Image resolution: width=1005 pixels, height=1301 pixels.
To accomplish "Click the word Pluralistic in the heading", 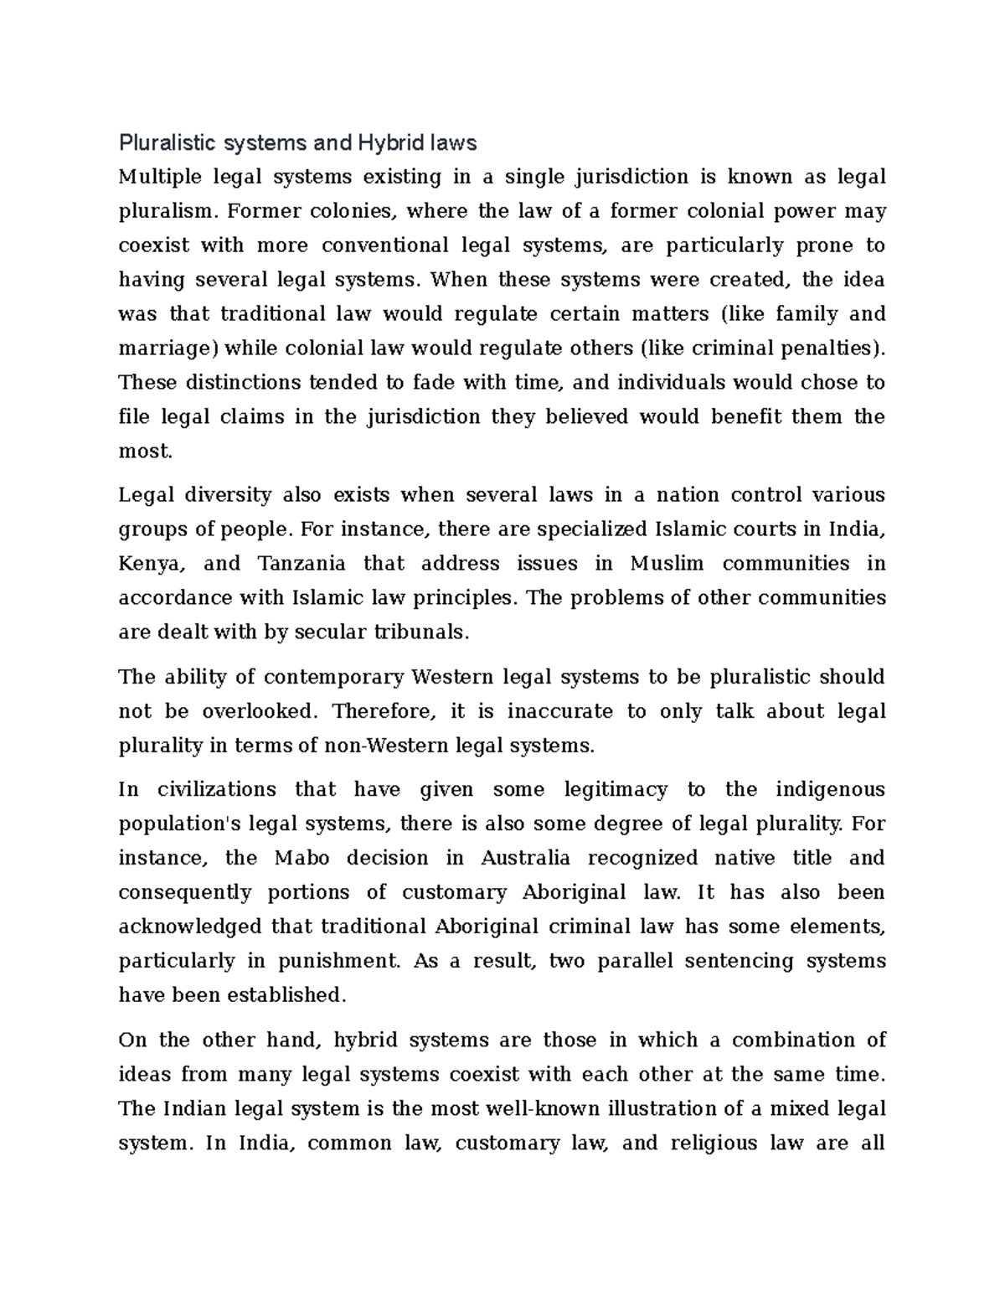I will click(166, 143).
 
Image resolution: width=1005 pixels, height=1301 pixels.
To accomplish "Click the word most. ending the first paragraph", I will click(146, 452).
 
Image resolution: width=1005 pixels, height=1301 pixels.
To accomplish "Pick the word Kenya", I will click(150, 564).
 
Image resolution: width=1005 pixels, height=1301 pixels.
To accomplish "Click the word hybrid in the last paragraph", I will click(359, 1040).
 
